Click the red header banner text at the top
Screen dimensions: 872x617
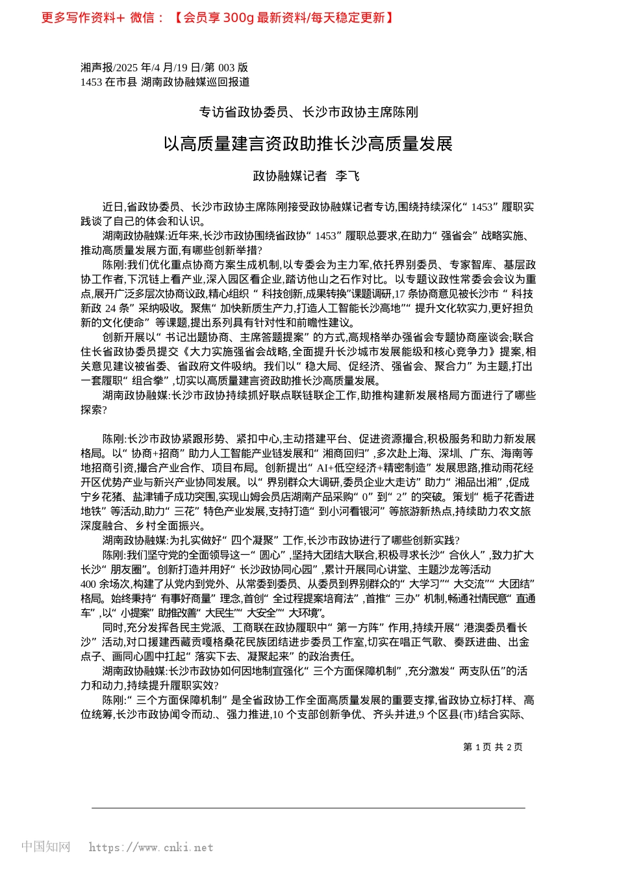click(x=218, y=18)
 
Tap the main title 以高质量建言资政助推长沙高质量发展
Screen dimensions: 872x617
click(x=308, y=144)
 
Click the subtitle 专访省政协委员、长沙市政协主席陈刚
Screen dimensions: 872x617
click(x=308, y=112)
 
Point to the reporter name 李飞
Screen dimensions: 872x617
click(x=347, y=176)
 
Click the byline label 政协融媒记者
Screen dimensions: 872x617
click(x=290, y=176)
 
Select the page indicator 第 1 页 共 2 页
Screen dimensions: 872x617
click(x=492, y=747)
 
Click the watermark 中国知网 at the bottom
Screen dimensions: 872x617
click(x=45, y=847)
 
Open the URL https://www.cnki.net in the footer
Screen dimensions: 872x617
click(x=151, y=847)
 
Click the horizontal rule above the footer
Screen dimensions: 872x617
click(x=308, y=808)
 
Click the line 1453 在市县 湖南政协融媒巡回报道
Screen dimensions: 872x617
click(x=165, y=82)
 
